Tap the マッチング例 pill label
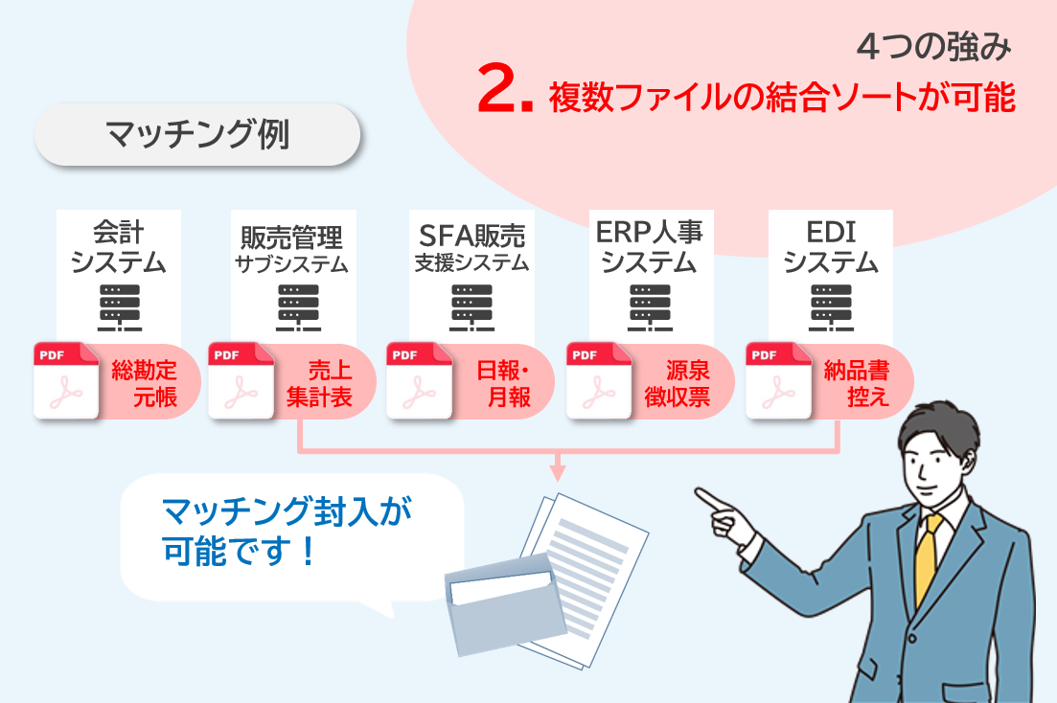(197, 134)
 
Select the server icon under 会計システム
(120, 307)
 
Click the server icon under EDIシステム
(831, 307)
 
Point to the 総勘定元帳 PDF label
(145, 383)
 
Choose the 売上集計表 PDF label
(319, 383)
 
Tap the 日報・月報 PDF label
(503, 383)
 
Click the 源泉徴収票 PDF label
(678, 383)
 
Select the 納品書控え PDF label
(857, 383)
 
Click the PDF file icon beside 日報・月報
(419, 380)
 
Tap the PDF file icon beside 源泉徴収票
(599, 380)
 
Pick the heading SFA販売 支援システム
(471, 247)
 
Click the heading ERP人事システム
(649, 247)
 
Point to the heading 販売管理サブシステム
(292, 249)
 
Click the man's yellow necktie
(928, 558)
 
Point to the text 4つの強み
(934, 47)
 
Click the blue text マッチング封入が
(287, 510)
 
